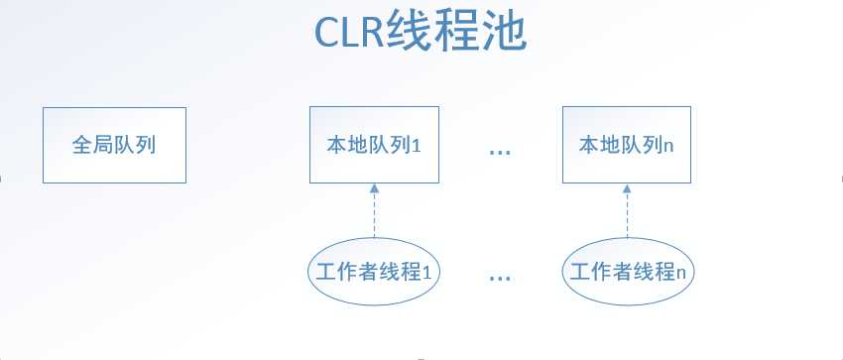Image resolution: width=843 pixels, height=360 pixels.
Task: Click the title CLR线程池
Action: pyautogui.click(x=421, y=32)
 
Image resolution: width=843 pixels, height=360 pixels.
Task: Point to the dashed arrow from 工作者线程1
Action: pyautogui.click(x=374, y=210)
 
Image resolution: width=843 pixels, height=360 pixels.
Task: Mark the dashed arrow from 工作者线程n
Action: pyautogui.click(x=627, y=210)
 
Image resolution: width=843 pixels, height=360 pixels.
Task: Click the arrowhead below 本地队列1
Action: pyautogui.click(x=374, y=188)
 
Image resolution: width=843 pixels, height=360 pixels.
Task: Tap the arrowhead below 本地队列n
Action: pyautogui.click(x=627, y=188)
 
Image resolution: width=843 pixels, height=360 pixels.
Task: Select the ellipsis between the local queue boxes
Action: pyautogui.click(x=500, y=153)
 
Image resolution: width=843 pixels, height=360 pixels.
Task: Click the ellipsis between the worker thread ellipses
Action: pyautogui.click(x=500, y=279)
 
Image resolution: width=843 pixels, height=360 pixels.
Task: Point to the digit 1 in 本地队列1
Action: pyautogui.click(x=416, y=146)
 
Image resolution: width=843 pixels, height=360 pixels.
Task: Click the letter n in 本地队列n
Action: pyautogui.click(x=668, y=147)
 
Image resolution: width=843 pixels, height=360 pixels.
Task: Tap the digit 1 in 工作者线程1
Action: pyautogui.click(x=426, y=273)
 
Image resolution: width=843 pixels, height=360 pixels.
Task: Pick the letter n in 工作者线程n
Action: pyautogui.click(x=680, y=274)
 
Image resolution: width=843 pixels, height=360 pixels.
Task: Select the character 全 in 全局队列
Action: pyautogui.click(x=81, y=145)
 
